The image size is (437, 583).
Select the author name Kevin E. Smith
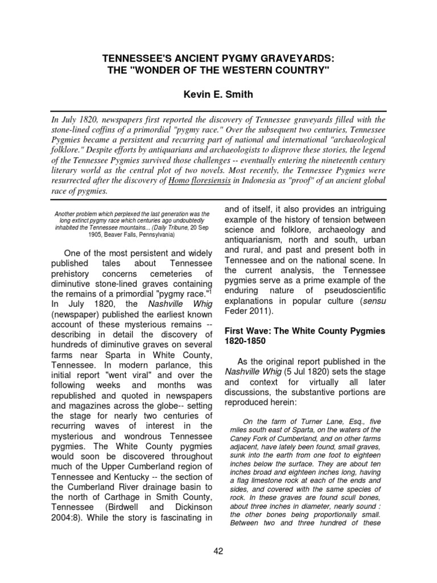(218, 93)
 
